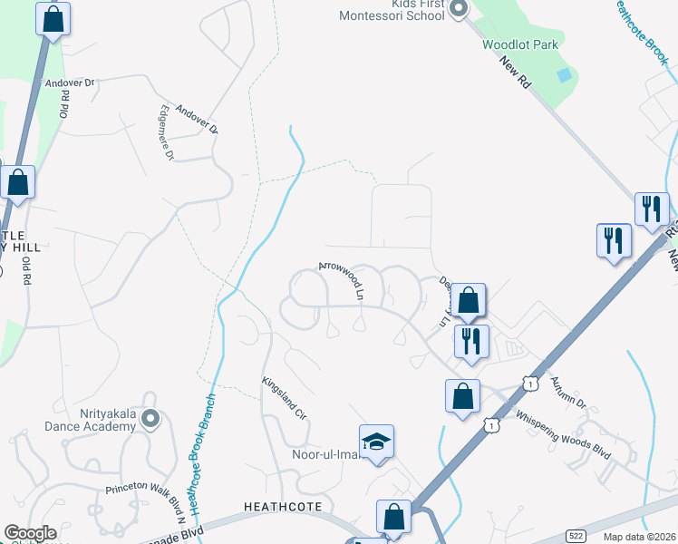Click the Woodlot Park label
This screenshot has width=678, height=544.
tap(514, 44)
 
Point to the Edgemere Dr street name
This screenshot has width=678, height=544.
tap(166, 134)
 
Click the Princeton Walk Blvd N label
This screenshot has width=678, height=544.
tap(145, 501)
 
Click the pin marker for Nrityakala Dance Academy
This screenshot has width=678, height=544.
tap(150, 419)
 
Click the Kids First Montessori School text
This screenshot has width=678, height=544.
tap(391, 10)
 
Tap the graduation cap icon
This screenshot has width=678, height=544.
tap(377, 442)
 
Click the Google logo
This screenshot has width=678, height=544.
tap(30, 533)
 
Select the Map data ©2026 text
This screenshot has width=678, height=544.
tap(640, 537)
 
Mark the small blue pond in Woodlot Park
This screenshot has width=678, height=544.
tap(565, 75)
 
